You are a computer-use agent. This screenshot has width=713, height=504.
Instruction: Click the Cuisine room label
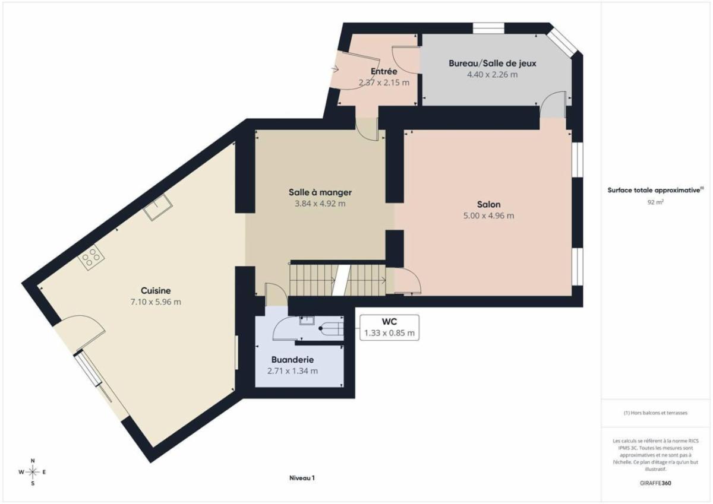[x=156, y=291]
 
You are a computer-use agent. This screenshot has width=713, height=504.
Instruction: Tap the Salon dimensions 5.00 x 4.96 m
[x=488, y=216]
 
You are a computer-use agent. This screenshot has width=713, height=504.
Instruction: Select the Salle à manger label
[x=320, y=192]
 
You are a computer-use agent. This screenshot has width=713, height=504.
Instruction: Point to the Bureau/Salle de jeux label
[x=493, y=64]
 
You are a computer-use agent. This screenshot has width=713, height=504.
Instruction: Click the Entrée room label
[x=384, y=71]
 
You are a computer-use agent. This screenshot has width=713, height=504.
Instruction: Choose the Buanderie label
[x=292, y=360]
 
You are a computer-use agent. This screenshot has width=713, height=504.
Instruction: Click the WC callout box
[x=389, y=328]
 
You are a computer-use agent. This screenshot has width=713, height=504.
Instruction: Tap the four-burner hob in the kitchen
[x=91, y=258]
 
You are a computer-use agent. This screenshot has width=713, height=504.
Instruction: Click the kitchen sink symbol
[x=158, y=207]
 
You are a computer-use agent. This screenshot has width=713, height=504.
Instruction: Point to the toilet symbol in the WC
[x=331, y=328]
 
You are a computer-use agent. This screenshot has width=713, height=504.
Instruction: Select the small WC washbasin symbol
[x=307, y=320]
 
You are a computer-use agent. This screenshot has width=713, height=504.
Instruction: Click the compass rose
[x=33, y=472]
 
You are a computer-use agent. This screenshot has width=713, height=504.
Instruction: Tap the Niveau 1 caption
[x=302, y=478]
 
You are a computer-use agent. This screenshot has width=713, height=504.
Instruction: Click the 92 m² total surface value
[x=655, y=202]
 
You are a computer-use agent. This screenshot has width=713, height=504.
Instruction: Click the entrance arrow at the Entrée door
[x=335, y=69]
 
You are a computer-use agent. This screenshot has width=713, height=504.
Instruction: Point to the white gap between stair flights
[x=341, y=280]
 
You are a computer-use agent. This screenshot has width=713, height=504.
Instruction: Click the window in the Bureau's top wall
[x=488, y=28]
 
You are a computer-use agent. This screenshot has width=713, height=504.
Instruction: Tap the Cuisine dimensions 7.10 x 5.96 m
[x=156, y=302]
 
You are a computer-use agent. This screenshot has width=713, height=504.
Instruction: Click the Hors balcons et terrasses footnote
[x=655, y=413]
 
